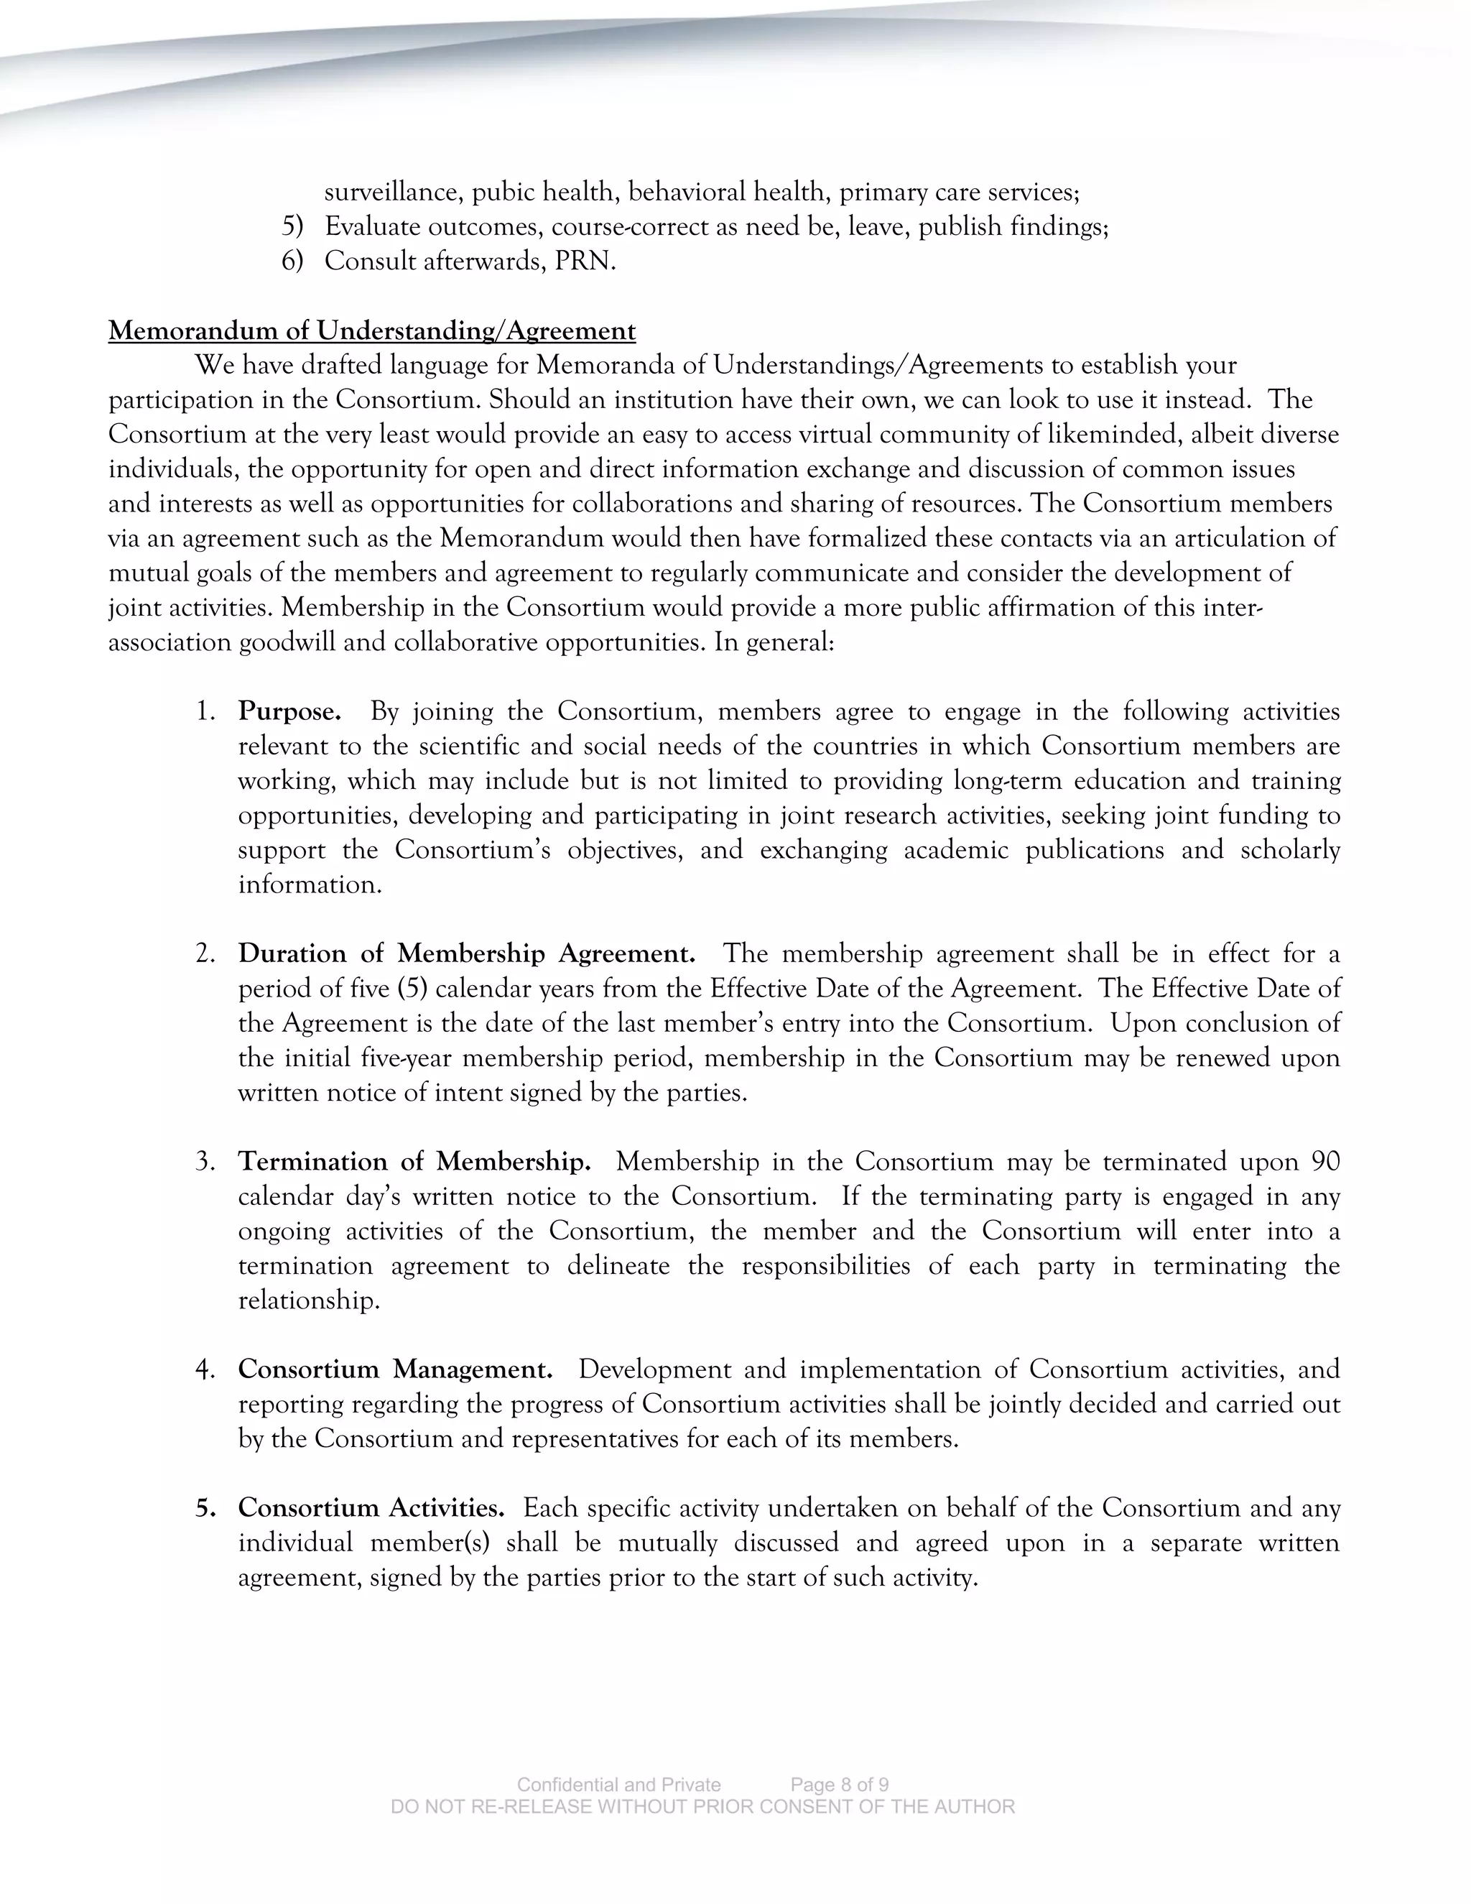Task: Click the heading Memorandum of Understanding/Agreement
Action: pos(372,331)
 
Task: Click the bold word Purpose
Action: pos(289,711)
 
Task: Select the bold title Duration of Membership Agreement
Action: pos(466,953)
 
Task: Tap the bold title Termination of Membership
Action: pos(415,1161)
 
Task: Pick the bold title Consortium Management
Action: pos(395,1369)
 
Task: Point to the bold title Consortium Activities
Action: pos(371,1507)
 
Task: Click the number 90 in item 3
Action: pos(1324,1161)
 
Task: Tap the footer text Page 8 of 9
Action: pos(839,1785)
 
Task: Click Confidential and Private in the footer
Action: pos(618,1785)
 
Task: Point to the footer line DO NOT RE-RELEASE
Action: pos(702,1806)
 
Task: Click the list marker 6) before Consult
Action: pos(292,261)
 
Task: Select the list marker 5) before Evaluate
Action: pos(292,226)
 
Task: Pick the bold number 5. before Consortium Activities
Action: pos(205,1507)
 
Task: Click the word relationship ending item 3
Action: pos(308,1300)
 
